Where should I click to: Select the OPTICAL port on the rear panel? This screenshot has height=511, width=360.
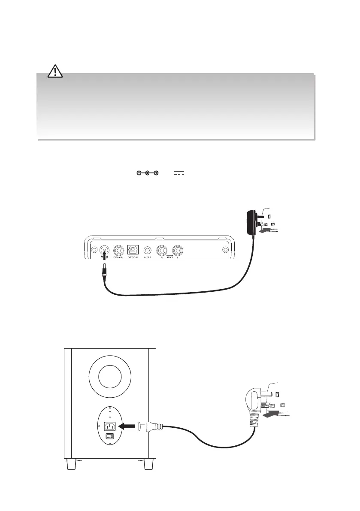133,250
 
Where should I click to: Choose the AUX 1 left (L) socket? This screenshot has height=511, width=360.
178,250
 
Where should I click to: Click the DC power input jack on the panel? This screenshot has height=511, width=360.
103,250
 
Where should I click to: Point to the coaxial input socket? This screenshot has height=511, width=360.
118,250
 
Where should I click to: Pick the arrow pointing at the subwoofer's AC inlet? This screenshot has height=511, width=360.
128,426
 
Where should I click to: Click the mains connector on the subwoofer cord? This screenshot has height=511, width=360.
149,426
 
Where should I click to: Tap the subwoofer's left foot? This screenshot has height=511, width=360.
72,465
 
